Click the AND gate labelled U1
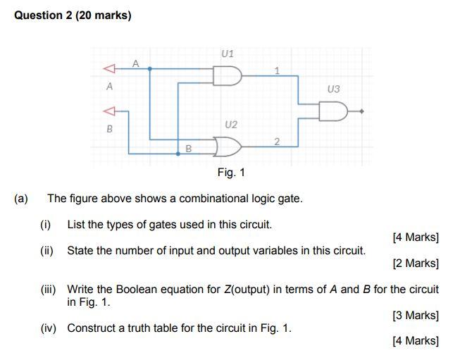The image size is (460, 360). click(228, 75)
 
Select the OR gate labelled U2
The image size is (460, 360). click(228, 147)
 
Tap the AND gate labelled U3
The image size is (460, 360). click(333, 111)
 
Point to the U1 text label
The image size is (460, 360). click(228, 53)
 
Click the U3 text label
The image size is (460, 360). click(333, 89)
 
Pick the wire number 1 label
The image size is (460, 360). click(277, 70)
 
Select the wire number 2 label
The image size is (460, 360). click(277, 142)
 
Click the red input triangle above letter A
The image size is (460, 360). click(108, 69)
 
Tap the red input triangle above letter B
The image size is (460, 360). click(108, 111)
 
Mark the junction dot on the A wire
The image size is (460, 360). click(152, 69)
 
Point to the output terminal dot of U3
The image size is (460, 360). click(362, 111)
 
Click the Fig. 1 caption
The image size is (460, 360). click(231, 173)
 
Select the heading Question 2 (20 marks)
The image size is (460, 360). click(73, 15)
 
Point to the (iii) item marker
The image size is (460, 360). click(51, 289)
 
